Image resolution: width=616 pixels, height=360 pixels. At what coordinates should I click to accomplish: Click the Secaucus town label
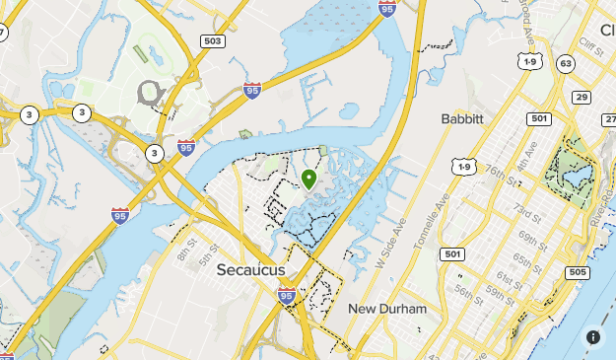250,270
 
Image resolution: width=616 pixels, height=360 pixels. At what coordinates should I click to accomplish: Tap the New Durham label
387,309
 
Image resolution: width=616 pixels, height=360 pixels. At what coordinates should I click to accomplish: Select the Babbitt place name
462,119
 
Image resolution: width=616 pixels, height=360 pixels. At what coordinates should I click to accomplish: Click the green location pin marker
308,180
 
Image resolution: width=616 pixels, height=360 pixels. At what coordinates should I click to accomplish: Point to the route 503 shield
212,41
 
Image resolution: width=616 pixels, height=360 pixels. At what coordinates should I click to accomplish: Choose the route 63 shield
565,63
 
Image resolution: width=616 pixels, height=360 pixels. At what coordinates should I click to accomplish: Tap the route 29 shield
582,97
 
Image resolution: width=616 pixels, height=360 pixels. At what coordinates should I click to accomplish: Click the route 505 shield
578,272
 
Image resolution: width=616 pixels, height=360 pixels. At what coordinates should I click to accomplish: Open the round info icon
593,336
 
